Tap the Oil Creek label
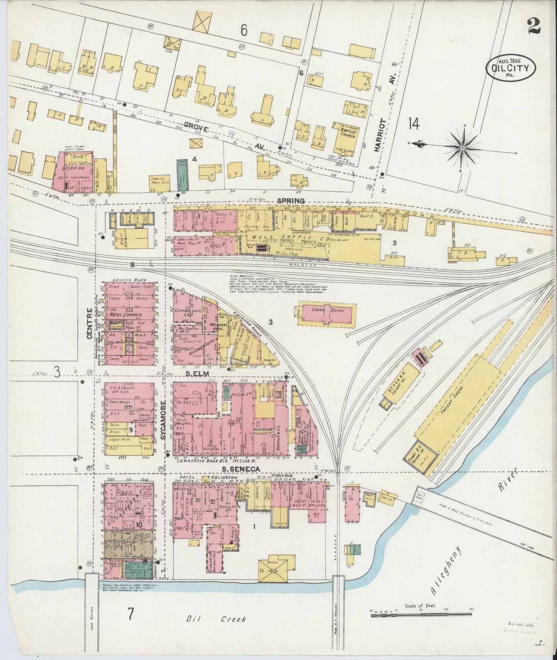coord(216,619)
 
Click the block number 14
coord(414,124)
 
